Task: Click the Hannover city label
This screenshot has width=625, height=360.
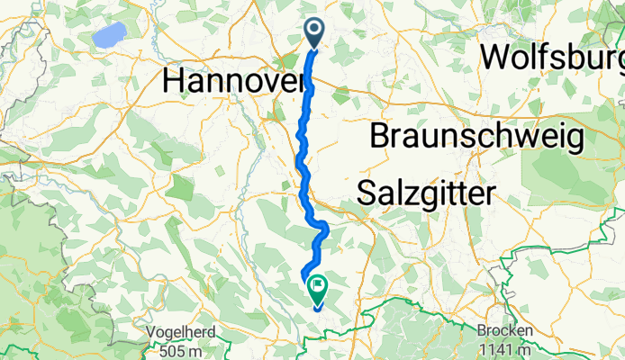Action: pyautogui.click(x=232, y=81)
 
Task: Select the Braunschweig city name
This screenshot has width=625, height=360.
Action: pyautogui.click(x=477, y=138)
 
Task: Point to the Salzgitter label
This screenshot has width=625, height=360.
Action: pyautogui.click(x=427, y=193)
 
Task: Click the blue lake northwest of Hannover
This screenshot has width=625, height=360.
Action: pyautogui.click(x=109, y=37)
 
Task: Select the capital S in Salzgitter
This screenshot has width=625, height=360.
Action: pyautogui.click(x=367, y=193)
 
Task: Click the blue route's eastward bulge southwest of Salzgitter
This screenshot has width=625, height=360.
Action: pyautogui.click(x=323, y=230)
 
